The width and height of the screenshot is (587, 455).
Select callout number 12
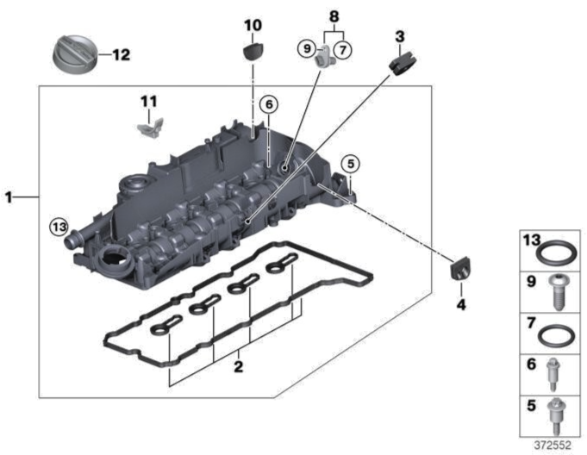coord(121,55)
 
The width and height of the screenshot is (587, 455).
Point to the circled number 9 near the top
coord(306,50)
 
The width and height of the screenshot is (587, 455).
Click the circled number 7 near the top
coord(342,50)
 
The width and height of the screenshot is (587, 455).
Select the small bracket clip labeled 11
coord(148,129)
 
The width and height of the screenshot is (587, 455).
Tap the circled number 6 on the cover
coord(269,104)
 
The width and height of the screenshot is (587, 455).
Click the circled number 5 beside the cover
coord(349,162)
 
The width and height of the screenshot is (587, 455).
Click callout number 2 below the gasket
coord(239,367)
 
